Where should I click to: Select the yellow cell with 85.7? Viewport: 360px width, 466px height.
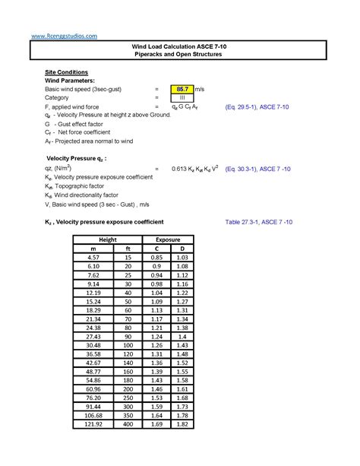click(x=182, y=89)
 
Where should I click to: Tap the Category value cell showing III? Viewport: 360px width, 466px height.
click(x=182, y=98)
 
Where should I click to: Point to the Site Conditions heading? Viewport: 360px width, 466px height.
click(x=67, y=71)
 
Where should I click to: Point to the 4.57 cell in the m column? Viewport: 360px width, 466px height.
click(x=93, y=258)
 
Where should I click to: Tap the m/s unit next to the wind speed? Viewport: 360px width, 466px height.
click(x=199, y=89)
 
